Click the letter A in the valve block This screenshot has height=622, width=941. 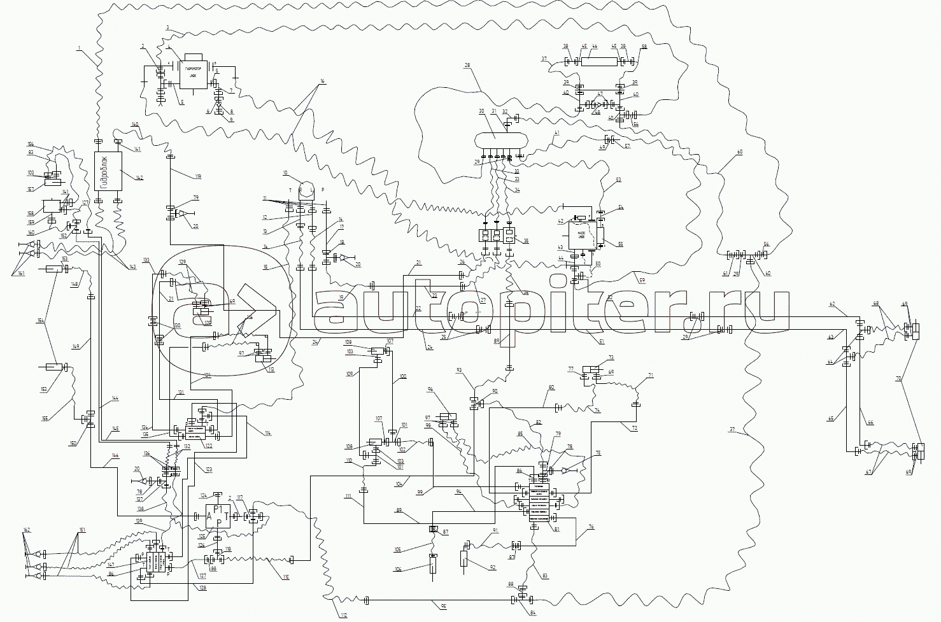pos(209,517)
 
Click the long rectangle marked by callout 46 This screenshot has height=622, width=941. pos(600,62)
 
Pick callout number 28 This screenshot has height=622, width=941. pos(467,66)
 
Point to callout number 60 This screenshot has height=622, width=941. pos(739,152)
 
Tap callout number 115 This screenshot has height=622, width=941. pos(286,577)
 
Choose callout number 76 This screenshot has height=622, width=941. pos(591,527)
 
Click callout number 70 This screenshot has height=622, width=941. pos(899,378)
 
